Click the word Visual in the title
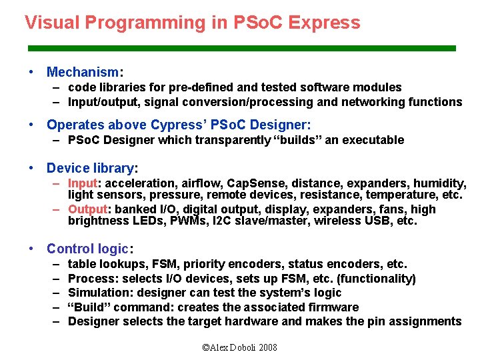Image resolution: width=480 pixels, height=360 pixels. point(48,23)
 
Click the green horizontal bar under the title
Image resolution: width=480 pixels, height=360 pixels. point(241,48)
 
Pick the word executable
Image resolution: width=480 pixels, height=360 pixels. point(373,140)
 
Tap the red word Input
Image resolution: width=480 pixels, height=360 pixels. point(83,183)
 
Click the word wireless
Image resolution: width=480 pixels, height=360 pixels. point(337,221)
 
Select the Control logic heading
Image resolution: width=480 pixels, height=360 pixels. point(88,249)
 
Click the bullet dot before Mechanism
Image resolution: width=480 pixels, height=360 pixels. point(31,71)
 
